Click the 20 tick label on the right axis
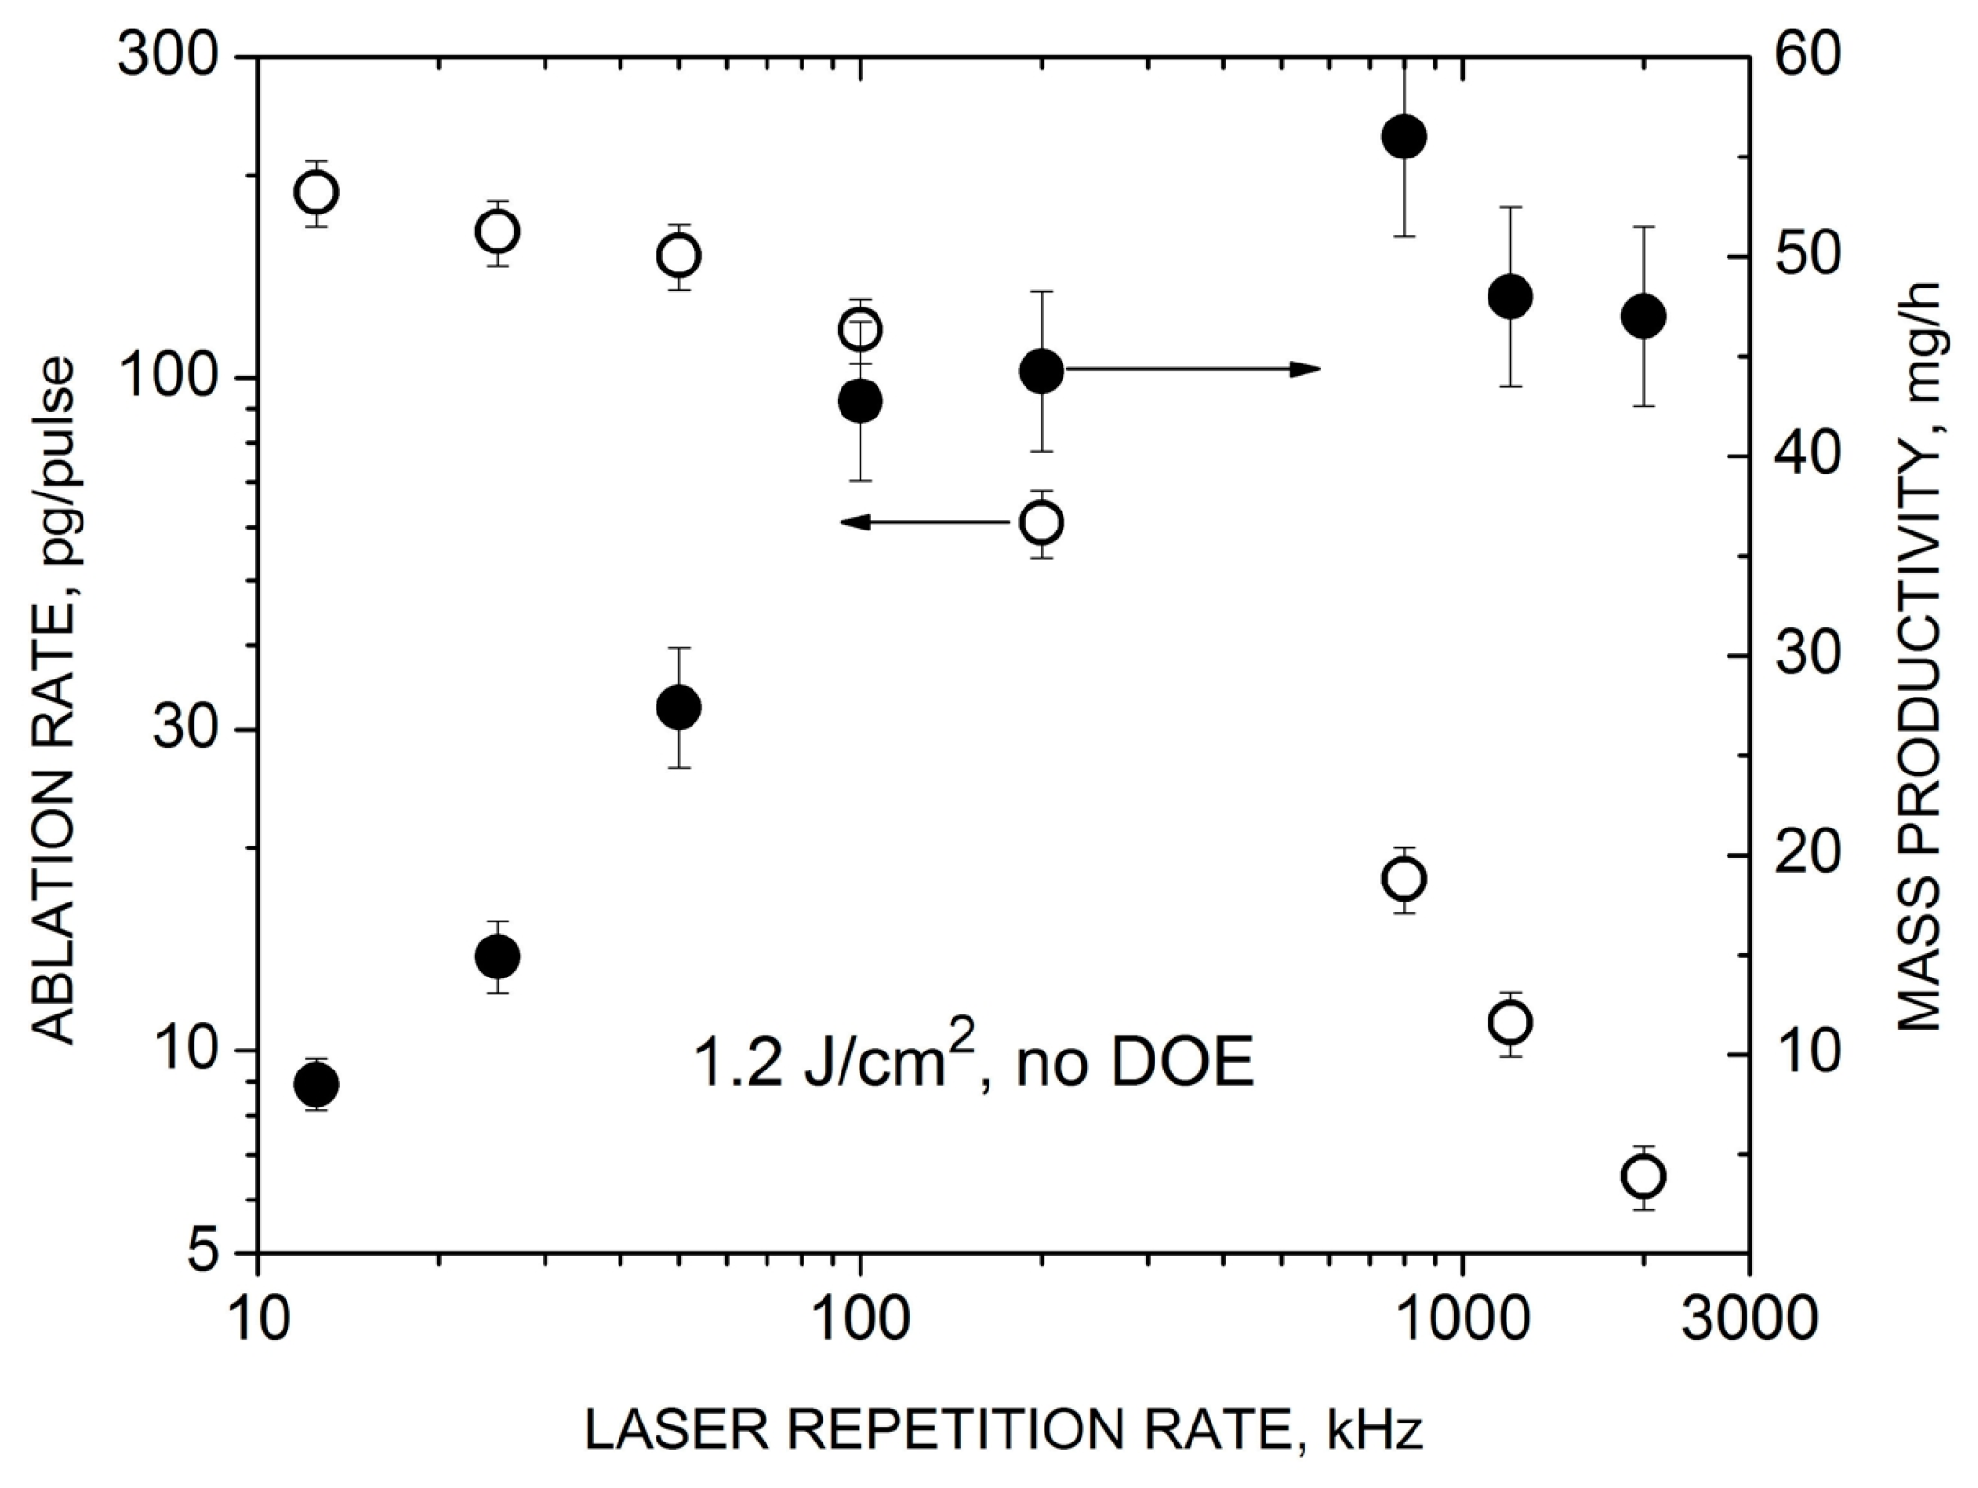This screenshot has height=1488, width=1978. (1802, 856)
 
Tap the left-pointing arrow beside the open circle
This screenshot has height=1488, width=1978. (925, 521)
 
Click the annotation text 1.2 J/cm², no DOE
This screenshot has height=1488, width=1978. (973, 1064)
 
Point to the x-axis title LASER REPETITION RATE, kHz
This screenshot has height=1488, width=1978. (1004, 1431)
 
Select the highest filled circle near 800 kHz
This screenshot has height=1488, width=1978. (1404, 137)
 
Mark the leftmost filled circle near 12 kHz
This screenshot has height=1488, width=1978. (316, 1084)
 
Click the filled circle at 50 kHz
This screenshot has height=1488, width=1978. (678, 707)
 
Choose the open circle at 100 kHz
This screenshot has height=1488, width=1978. (860, 330)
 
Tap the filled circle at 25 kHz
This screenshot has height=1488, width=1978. (497, 956)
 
